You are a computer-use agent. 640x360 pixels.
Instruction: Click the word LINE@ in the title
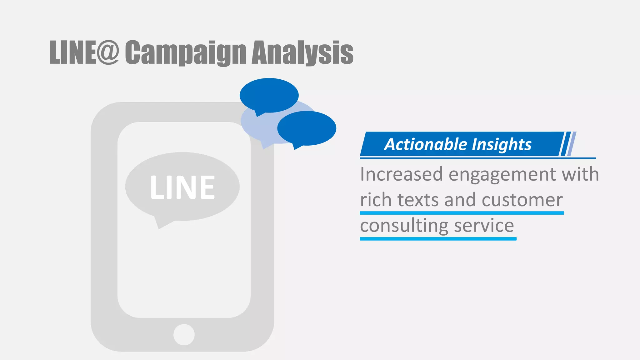pos(84,52)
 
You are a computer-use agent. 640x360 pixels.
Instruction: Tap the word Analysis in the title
pos(302,52)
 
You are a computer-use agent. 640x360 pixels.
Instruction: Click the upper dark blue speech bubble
pos(269,95)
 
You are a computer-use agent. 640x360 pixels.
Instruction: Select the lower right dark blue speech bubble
pos(307,128)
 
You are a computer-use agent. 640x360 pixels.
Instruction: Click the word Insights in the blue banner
pos(502,144)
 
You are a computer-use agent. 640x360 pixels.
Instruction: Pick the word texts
pos(418,200)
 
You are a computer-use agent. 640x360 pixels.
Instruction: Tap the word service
pos(484,226)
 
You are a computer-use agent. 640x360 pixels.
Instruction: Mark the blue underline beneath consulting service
pos(438,239)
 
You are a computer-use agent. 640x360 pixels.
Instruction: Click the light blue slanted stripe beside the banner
pos(572,144)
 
